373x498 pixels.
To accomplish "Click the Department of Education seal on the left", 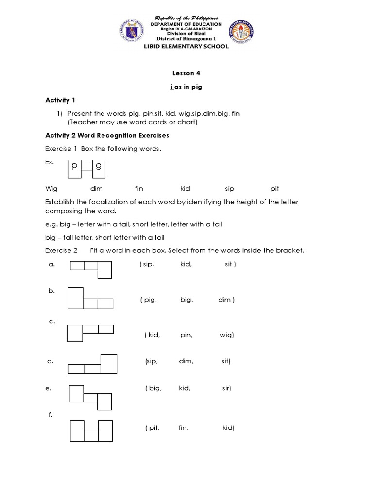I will click(133, 31).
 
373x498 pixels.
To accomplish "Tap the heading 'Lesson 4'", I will click(186, 73).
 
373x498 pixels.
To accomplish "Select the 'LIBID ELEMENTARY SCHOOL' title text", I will click(186, 47).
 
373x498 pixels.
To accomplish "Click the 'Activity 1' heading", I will click(60, 100).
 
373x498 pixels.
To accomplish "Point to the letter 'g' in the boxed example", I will click(99, 166).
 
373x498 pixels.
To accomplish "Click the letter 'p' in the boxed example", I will click(74, 166).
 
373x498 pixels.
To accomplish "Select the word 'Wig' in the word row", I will click(51, 188).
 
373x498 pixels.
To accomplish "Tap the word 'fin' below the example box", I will click(139, 188).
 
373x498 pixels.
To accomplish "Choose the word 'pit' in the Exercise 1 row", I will click(275, 188).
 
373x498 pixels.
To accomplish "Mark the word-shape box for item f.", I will click(91, 430).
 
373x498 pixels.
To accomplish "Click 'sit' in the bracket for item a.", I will click(230, 264).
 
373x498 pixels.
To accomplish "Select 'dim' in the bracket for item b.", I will click(226, 300).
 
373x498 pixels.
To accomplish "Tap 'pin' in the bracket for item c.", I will click(186, 335).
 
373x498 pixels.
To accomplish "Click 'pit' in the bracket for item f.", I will click(153, 428).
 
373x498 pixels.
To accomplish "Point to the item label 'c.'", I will click(52, 321).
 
